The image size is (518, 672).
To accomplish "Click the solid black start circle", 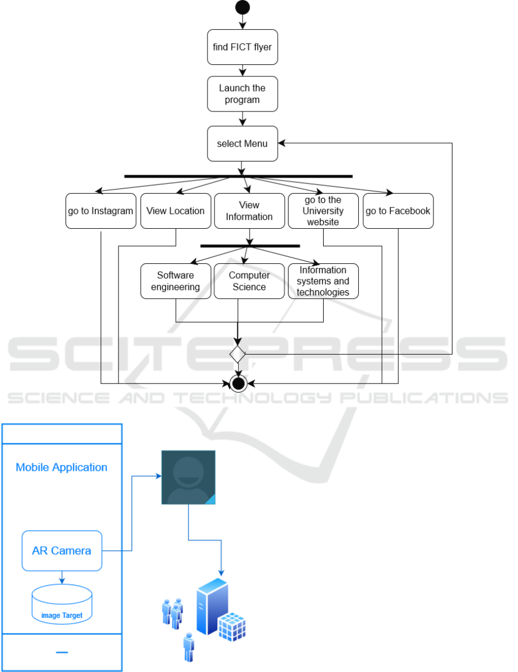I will (243, 7).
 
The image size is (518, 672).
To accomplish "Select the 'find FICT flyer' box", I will (243, 47).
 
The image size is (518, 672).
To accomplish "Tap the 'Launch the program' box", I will (243, 94).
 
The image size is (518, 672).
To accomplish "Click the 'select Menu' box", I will (243, 144).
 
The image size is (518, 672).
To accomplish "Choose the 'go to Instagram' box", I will (101, 211).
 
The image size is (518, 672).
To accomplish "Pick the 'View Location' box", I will (175, 211).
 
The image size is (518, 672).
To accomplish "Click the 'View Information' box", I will (250, 211).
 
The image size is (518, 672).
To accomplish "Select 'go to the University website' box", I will (323, 211).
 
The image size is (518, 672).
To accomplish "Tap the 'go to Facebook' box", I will (398, 211).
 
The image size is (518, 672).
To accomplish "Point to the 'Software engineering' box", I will (175, 281).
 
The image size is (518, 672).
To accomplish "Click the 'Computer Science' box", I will (250, 281).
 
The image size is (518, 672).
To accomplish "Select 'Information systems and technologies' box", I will (323, 281).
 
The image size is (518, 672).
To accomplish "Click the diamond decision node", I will (237, 354).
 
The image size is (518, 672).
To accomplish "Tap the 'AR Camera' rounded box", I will (62, 551).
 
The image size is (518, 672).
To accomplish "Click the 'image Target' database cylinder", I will (62, 605).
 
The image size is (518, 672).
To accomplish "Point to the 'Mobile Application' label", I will (62, 467).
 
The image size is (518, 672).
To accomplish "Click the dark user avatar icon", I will (188, 477).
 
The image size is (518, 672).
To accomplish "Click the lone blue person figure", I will (188, 648).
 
